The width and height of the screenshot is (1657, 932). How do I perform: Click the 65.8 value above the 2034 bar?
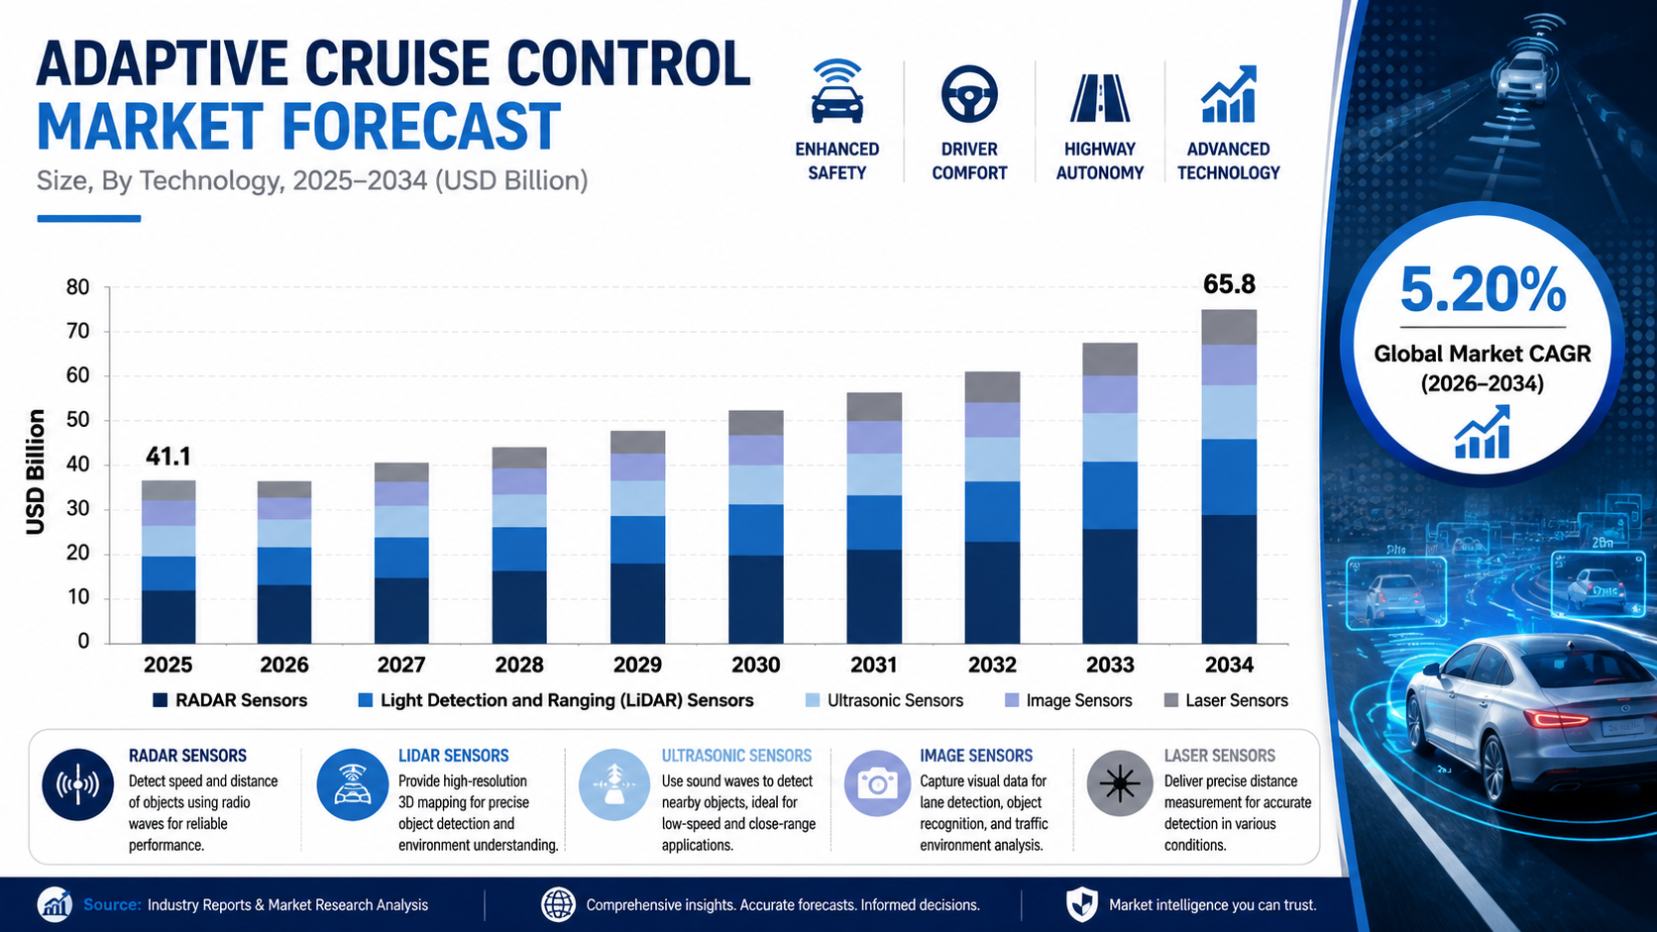pyautogui.click(x=1229, y=284)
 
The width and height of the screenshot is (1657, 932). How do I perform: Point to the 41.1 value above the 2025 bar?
pyautogui.click(x=167, y=457)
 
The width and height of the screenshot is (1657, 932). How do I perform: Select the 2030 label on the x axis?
pyautogui.click(x=755, y=666)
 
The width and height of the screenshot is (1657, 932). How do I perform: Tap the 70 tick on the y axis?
pyautogui.click(x=77, y=331)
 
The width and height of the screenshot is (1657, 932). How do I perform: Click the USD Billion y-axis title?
pyautogui.click(x=36, y=471)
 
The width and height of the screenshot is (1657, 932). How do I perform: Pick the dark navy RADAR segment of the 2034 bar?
pyautogui.click(x=1229, y=578)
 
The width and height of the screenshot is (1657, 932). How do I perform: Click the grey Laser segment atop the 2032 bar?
pyautogui.click(x=992, y=387)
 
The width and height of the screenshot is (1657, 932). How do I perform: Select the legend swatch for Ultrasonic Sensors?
pyautogui.click(x=813, y=700)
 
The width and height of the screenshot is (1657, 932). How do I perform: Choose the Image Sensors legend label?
pyautogui.click(x=1078, y=700)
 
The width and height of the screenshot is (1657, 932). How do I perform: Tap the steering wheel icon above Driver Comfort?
pyautogui.click(x=969, y=94)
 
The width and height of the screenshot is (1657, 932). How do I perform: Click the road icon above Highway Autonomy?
pyautogui.click(x=1099, y=98)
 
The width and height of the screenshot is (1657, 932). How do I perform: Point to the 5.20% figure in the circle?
pyautogui.click(x=1483, y=290)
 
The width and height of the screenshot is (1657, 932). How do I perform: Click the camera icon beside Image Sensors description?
pyautogui.click(x=877, y=783)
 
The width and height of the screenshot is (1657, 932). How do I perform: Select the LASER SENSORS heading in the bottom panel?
pyautogui.click(x=1219, y=756)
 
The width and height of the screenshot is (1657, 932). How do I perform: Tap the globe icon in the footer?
pyautogui.click(x=558, y=904)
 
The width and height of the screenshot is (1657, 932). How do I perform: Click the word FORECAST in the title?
pyautogui.click(x=421, y=127)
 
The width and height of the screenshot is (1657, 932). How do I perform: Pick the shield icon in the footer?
pyautogui.click(x=1081, y=904)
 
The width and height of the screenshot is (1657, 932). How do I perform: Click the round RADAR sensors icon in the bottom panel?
pyautogui.click(x=77, y=784)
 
